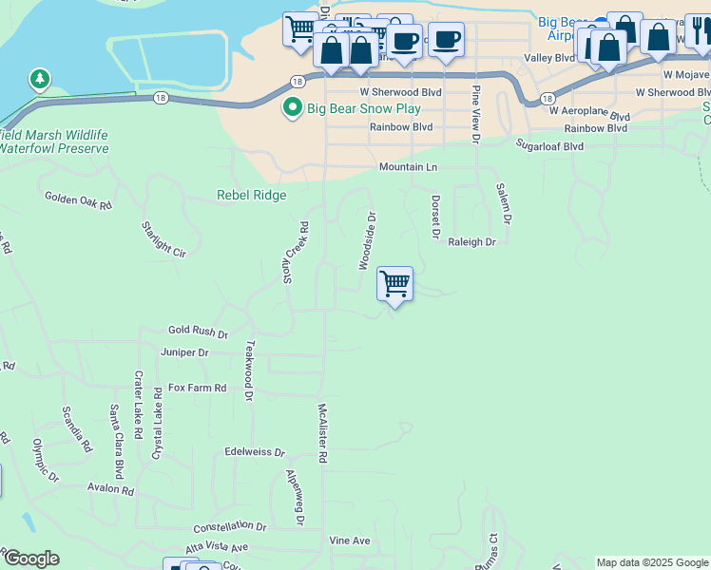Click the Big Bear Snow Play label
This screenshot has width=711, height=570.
click(364, 109)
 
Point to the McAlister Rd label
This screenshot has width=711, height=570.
click(322, 432)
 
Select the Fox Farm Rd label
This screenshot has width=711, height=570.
click(198, 388)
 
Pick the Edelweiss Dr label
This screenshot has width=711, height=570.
click(255, 453)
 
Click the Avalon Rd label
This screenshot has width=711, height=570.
click(111, 489)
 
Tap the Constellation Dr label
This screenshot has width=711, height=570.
click(230, 525)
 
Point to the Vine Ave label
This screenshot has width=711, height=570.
click(349, 541)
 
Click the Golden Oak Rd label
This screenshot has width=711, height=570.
click(78, 200)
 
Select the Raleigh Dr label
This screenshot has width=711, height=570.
click(472, 242)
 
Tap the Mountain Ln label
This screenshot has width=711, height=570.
click(408, 167)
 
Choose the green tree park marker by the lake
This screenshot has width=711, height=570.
click(39, 77)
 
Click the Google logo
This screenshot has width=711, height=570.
click(31, 559)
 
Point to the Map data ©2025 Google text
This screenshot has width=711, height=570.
click(651, 562)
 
